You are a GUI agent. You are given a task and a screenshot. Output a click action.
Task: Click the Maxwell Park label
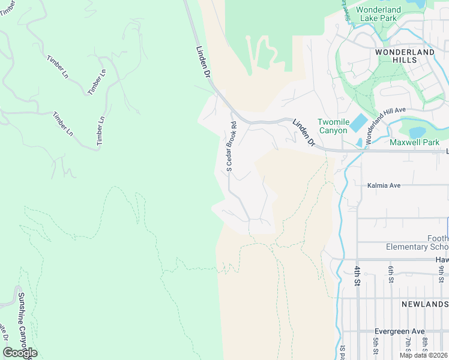point(414,142)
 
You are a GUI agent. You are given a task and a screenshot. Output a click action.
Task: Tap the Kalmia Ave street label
point(384,186)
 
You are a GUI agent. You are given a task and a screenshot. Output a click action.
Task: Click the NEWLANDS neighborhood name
point(424,304)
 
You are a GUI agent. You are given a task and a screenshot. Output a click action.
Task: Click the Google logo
point(20,353)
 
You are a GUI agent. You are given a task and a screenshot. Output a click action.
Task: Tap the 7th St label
point(408,346)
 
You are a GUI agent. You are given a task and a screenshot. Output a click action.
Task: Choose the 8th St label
point(424,346)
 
